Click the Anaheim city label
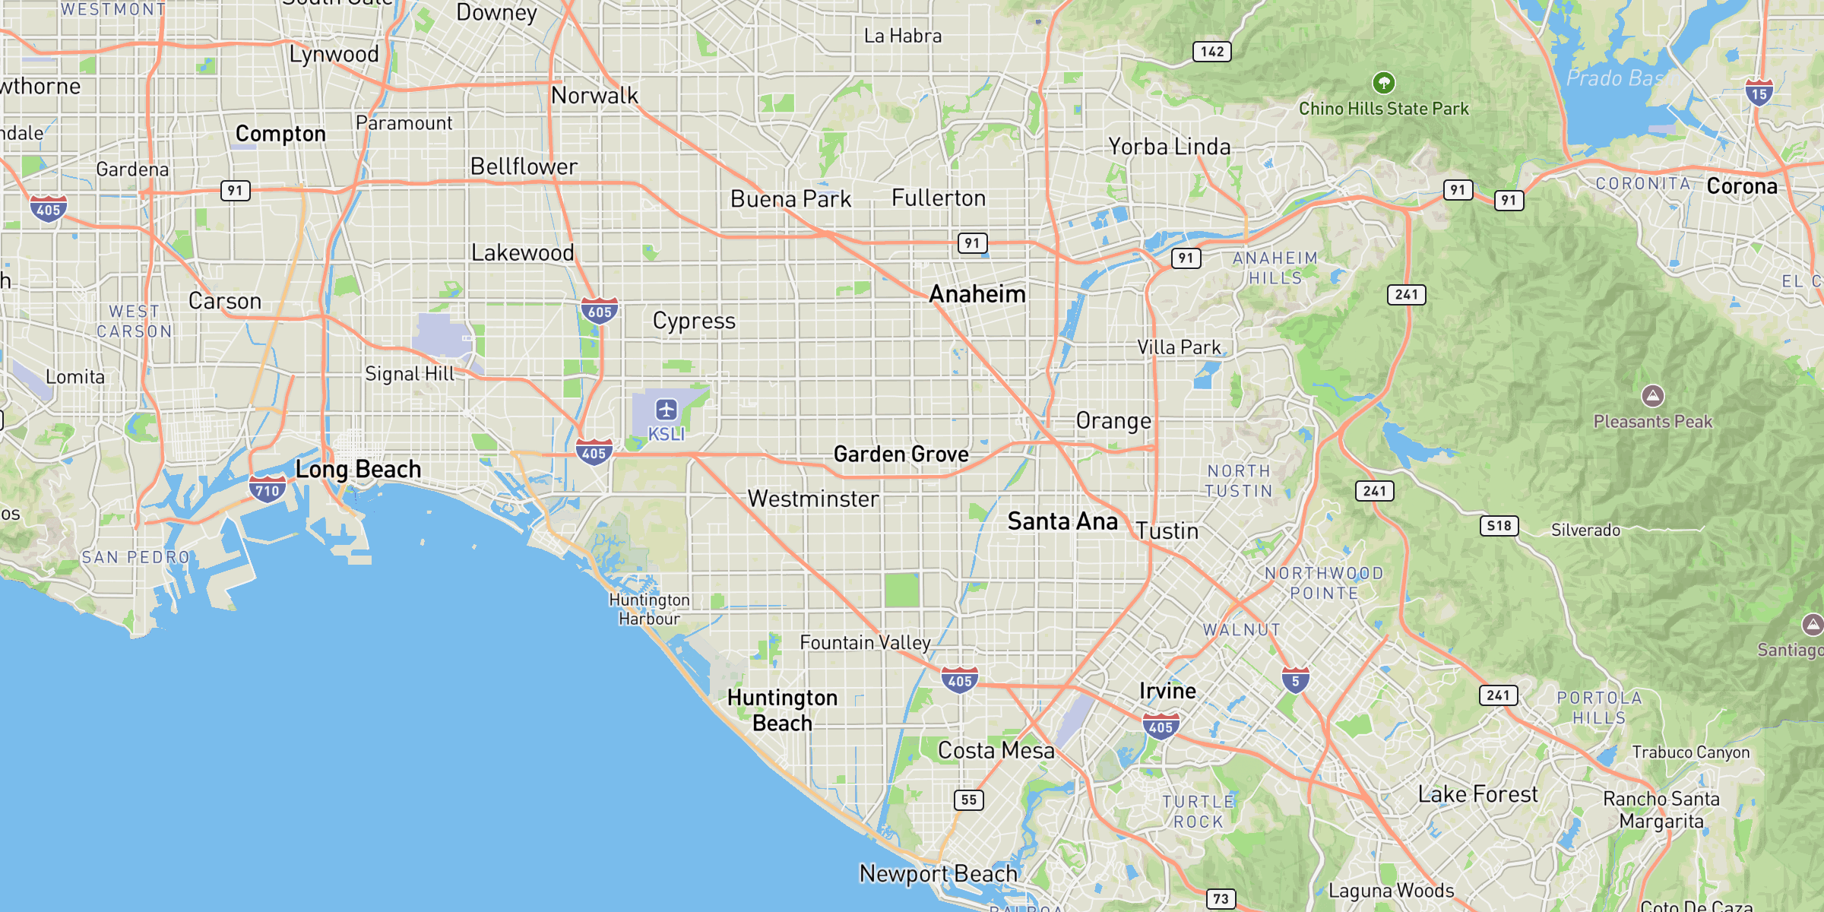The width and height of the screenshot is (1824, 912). point(977,294)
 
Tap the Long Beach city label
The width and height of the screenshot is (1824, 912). point(358,469)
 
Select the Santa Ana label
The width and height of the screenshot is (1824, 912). point(1062,521)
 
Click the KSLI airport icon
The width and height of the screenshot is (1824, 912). point(667,410)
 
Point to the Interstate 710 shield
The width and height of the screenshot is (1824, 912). point(268,489)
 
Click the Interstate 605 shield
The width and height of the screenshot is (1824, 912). point(599,310)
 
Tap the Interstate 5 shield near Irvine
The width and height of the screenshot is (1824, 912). point(1295,680)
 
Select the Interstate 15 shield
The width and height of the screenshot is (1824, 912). point(1759,93)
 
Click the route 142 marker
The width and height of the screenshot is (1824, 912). point(1212,52)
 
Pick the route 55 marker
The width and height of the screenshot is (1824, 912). point(969,800)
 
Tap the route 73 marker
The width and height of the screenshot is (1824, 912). point(1221,898)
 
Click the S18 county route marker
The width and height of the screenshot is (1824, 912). point(1499,526)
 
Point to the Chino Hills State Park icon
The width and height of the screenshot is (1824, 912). point(1383,82)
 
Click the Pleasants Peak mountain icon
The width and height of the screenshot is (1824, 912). point(1652,396)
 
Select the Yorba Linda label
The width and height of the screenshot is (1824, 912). point(1169,147)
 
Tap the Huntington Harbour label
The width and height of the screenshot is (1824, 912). point(649,610)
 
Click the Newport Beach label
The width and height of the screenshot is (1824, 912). point(938,874)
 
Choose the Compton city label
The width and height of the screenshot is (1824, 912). point(280,134)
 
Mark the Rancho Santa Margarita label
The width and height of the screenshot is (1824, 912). point(1661,810)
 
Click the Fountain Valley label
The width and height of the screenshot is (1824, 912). point(865,643)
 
